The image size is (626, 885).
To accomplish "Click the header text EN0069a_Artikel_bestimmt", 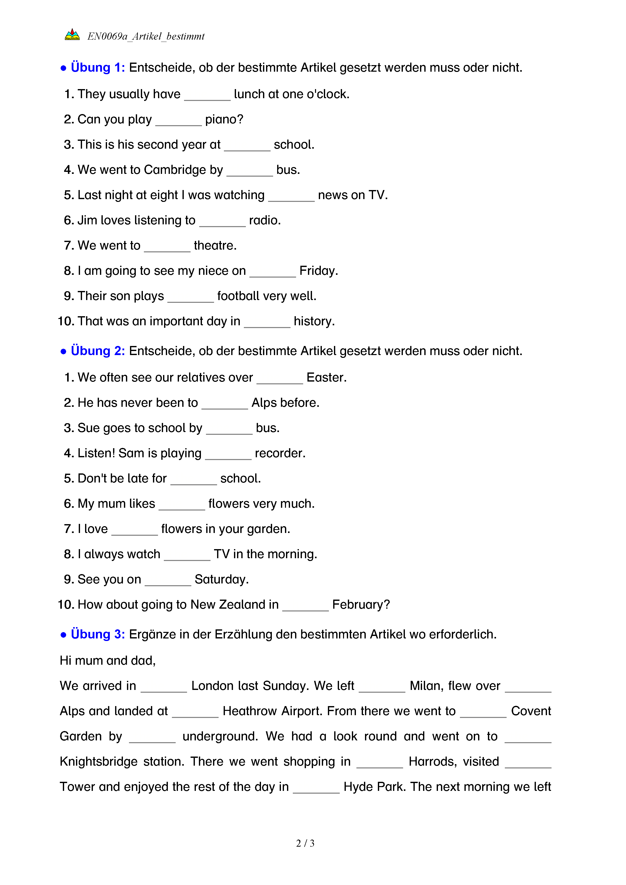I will coord(146,36).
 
